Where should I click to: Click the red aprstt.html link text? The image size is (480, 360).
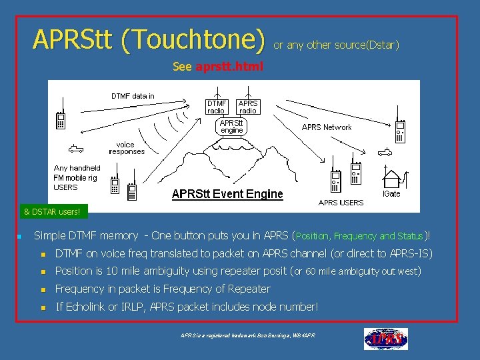[x=229, y=67]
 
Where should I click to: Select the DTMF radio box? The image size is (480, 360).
[x=217, y=107]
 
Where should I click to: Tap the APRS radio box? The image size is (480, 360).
[x=248, y=107]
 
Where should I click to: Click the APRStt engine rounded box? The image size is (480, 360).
[x=232, y=127]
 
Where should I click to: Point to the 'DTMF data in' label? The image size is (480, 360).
[x=132, y=96]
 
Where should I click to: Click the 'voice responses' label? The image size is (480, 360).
[x=126, y=148]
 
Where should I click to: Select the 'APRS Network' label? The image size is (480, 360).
[x=327, y=127]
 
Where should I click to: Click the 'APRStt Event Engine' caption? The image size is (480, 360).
[x=227, y=194]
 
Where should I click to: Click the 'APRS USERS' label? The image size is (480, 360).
[x=341, y=203]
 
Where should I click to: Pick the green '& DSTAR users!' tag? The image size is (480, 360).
[x=52, y=212]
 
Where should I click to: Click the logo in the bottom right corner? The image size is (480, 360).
[x=385, y=339]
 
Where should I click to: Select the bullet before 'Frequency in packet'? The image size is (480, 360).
[x=43, y=289]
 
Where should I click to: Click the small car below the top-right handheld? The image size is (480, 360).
[x=383, y=151]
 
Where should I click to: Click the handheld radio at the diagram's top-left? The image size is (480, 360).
[x=60, y=118]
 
